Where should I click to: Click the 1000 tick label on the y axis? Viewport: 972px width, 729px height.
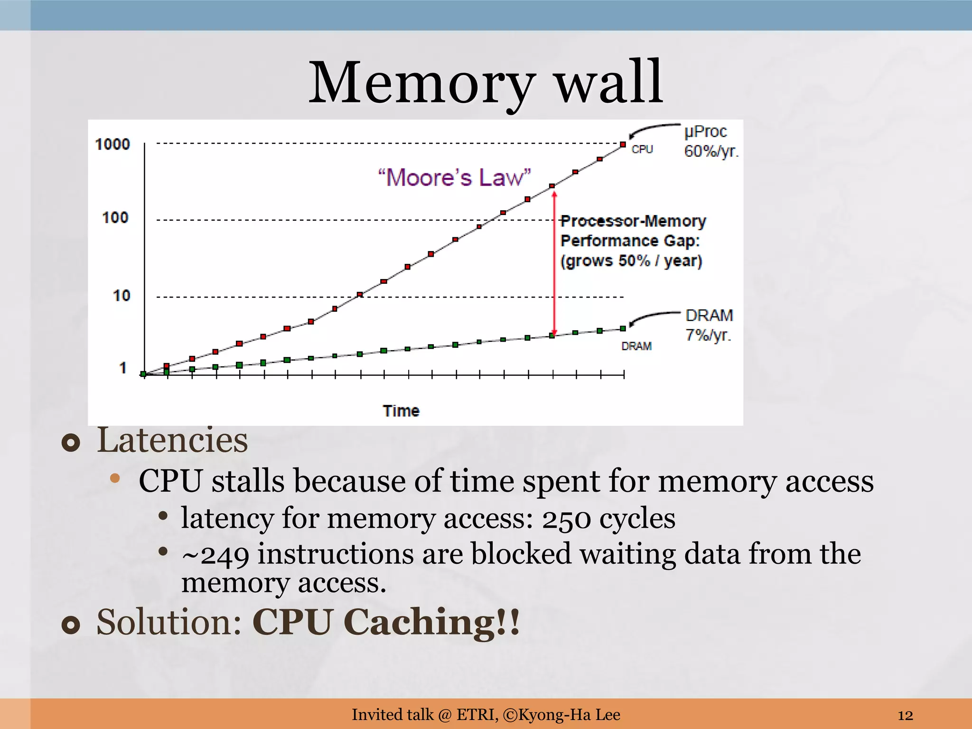(112, 144)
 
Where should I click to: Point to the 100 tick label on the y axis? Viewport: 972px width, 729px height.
(115, 218)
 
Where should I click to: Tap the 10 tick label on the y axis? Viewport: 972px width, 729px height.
(121, 296)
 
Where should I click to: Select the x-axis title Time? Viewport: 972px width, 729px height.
(401, 411)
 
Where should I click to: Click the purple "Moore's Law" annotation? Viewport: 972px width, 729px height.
(454, 178)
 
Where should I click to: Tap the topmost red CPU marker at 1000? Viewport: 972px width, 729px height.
(623, 145)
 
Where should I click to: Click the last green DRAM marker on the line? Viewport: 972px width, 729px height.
(623, 328)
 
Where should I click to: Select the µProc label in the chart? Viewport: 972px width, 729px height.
(705, 131)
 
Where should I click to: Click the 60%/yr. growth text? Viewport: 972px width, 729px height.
(711, 151)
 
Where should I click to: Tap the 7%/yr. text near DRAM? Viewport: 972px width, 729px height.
(708, 335)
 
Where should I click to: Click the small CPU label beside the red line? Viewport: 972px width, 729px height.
(642, 150)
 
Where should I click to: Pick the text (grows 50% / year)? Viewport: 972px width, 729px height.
(631, 261)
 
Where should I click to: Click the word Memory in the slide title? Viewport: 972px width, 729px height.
(422, 83)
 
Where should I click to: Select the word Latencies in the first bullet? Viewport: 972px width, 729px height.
(172, 440)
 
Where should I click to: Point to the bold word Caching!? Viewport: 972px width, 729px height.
(431, 622)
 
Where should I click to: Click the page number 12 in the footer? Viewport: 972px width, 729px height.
(905, 715)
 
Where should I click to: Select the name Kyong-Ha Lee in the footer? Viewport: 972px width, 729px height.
(569, 715)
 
